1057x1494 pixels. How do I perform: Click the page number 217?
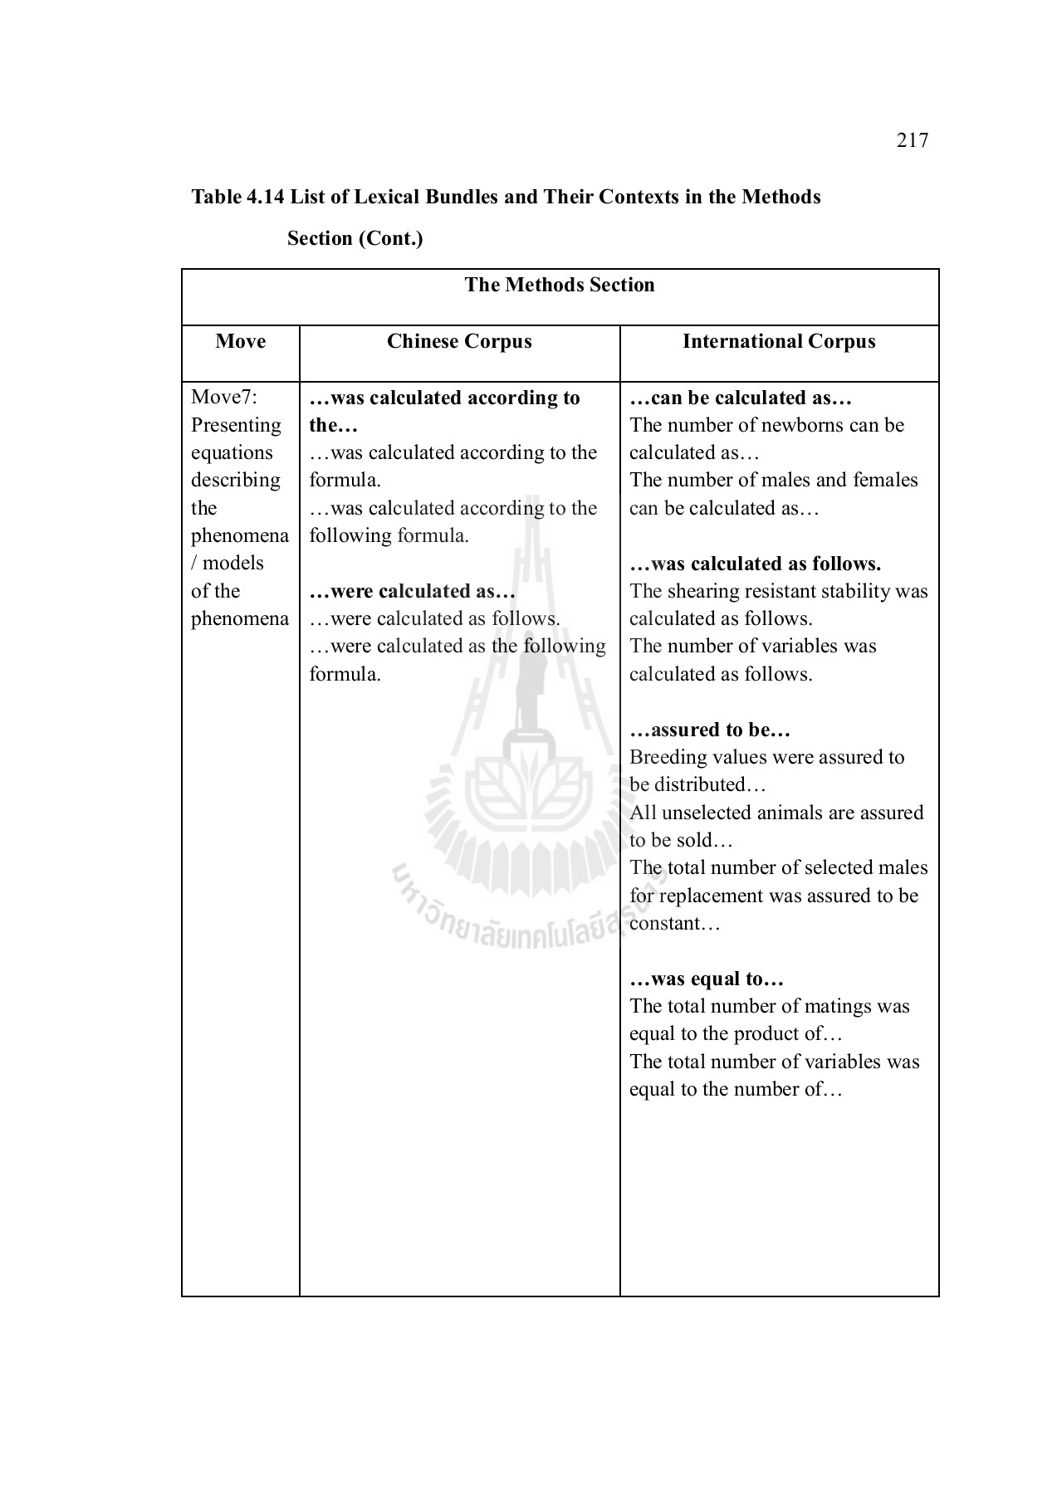coord(912,140)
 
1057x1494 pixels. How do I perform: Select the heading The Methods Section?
coord(560,286)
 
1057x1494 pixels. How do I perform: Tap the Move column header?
coord(240,342)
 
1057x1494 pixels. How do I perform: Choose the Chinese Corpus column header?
coord(459,342)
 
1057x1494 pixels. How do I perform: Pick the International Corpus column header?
coord(779,342)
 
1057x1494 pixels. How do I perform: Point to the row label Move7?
coord(224,398)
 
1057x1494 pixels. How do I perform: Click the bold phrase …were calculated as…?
coord(413,592)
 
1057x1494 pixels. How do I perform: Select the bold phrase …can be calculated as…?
coord(741,398)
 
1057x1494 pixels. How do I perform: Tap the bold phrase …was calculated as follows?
coord(755,564)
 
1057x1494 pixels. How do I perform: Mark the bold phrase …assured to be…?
coord(710,730)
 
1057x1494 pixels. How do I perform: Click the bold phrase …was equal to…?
coord(707,979)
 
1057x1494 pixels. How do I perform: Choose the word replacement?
coord(710,896)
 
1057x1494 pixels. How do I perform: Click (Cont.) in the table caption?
coord(392,239)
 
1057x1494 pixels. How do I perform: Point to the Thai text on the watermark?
coord(506,921)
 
